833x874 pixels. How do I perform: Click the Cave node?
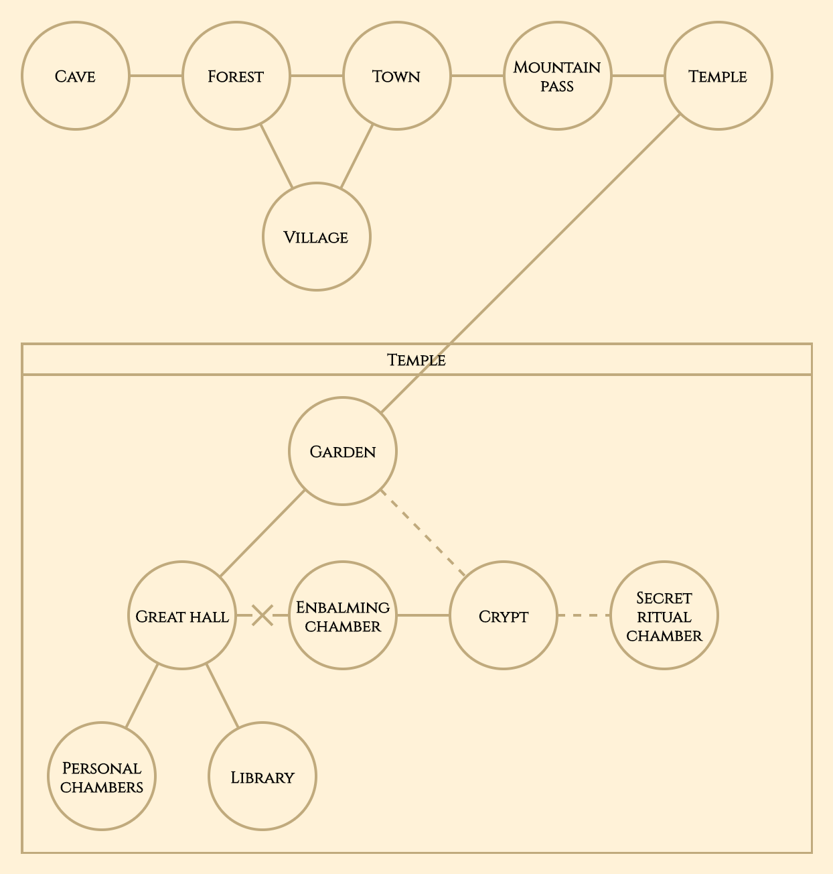coord(76,76)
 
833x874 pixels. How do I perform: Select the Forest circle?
coord(236,76)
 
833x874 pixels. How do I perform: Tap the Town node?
coord(397,76)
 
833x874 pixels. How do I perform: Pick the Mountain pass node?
coord(558,76)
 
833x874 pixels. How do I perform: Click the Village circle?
coord(317,237)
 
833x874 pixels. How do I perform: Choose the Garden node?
coord(343,451)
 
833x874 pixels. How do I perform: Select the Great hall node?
coord(182,615)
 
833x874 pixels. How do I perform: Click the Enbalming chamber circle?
coord(343,615)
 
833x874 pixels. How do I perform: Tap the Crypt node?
coord(504,615)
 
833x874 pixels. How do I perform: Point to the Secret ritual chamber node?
coord(664,615)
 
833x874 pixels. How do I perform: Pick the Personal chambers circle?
coord(102,776)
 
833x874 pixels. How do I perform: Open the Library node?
coord(262,776)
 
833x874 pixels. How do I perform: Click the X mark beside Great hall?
coord(262,615)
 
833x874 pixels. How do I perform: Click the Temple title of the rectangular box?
coord(416,360)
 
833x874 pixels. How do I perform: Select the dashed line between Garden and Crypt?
coord(423,533)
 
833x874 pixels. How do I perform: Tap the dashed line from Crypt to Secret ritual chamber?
coord(584,615)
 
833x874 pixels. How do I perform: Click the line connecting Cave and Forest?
coord(156,76)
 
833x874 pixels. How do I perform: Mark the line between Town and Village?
coord(357,156)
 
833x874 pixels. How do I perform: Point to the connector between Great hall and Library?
coord(222,696)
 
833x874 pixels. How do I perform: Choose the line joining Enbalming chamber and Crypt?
coord(423,615)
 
